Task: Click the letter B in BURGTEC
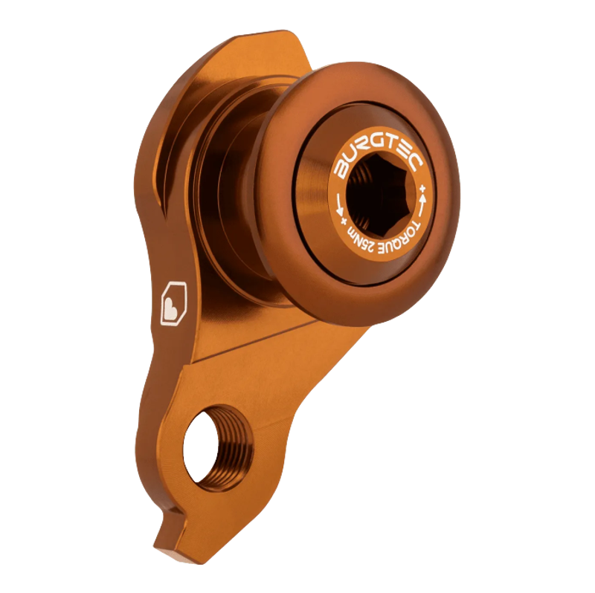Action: click(x=341, y=168)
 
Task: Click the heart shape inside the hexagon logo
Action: click(x=172, y=304)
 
